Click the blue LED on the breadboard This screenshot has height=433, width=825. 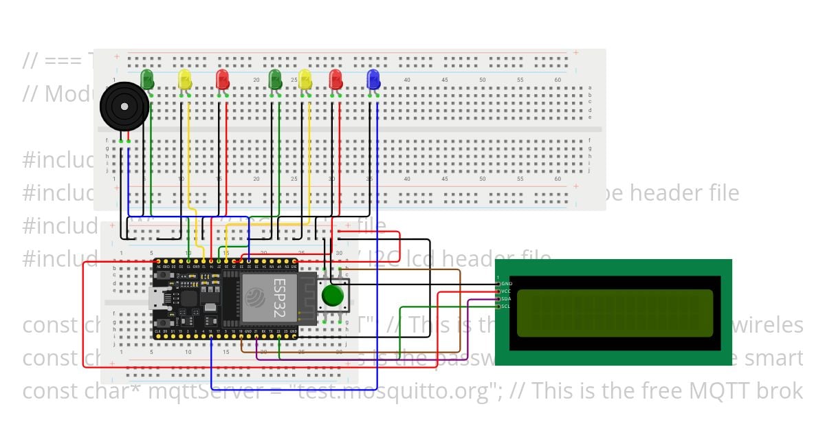[x=373, y=78]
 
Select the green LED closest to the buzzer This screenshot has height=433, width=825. [x=147, y=78]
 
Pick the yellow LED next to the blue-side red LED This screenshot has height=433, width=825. [x=305, y=78]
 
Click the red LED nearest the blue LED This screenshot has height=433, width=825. [x=335, y=78]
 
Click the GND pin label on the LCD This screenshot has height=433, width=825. [x=506, y=283]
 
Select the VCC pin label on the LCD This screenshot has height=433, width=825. [x=506, y=291]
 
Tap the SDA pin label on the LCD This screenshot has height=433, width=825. [x=506, y=299]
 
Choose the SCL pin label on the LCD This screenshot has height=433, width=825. [x=506, y=307]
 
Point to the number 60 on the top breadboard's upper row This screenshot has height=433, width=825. [x=558, y=80]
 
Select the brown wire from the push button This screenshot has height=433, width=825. [x=412, y=270]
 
